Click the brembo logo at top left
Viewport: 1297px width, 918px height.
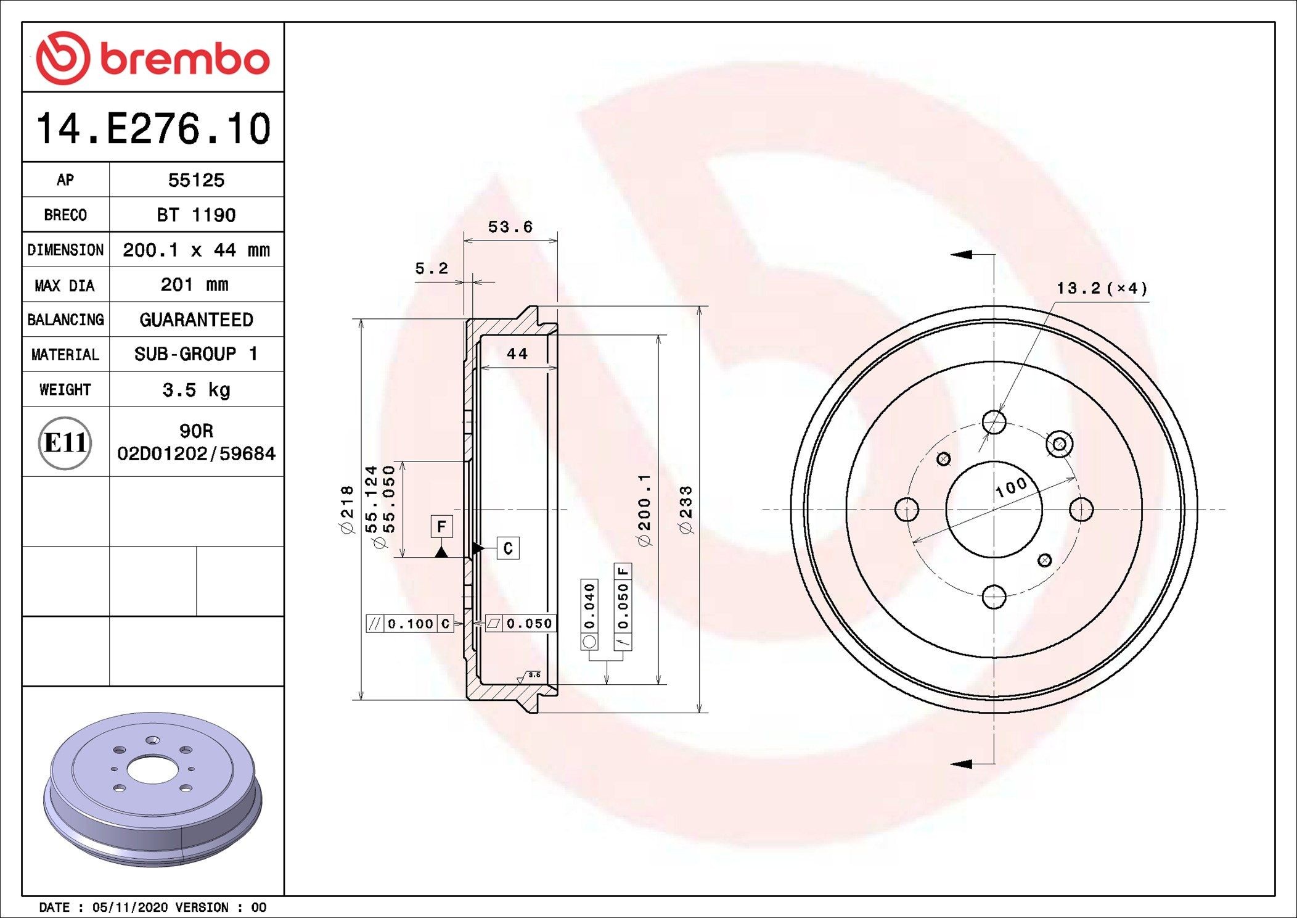(x=152, y=58)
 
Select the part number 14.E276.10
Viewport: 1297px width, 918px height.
(x=153, y=129)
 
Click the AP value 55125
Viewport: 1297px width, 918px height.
(x=196, y=180)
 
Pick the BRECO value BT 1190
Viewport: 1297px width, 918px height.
(x=196, y=215)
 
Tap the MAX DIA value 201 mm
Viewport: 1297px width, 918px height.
(x=194, y=285)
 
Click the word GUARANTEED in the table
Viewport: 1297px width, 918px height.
(x=196, y=320)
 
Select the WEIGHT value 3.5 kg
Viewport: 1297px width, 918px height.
(x=196, y=390)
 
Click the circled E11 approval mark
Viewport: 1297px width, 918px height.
(x=65, y=442)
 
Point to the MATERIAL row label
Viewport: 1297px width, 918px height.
(x=65, y=355)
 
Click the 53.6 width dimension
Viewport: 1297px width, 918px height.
(x=510, y=227)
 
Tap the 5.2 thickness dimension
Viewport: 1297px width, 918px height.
(x=431, y=268)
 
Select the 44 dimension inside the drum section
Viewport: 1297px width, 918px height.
(x=517, y=354)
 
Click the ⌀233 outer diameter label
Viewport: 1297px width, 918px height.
(x=685, y=510)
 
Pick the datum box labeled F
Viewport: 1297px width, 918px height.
(x=441, y=526)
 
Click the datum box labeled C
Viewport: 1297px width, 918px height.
(x=508, y=548)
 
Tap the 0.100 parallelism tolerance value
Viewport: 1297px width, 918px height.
(x=411, y=624)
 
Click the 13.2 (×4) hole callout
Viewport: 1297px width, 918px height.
(x=1102, y=288)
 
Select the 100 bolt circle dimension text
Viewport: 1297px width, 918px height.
(x=1011, y=487)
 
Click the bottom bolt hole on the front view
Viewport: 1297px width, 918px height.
(x=994, y=597)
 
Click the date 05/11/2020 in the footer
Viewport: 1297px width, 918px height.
(x=129, y=908)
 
